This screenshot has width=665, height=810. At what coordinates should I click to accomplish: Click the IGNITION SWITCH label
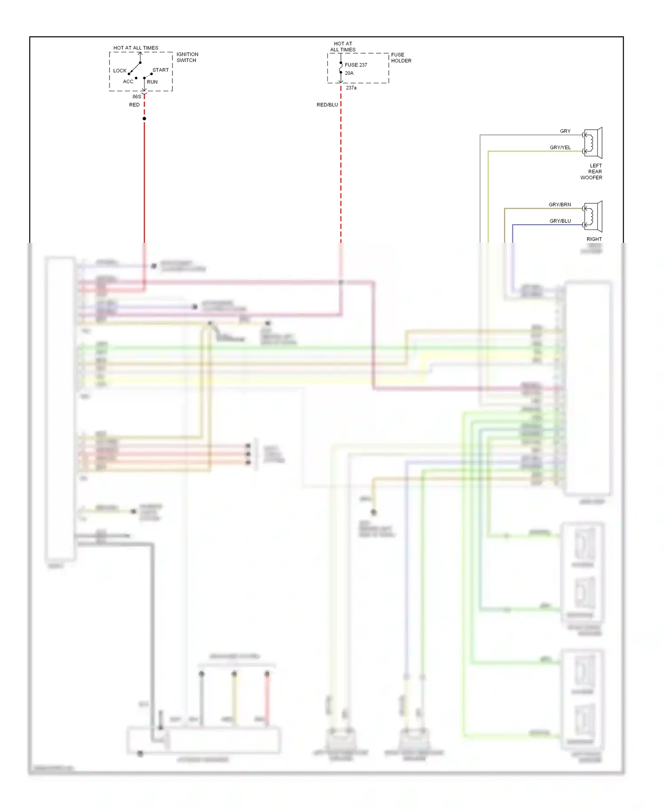tap(187, 57)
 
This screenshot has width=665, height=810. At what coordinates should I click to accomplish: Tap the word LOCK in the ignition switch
tap(120, 70)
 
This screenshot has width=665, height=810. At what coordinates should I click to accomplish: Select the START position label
tap(160, 70)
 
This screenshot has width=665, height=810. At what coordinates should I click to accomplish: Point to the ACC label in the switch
tap(128, 82)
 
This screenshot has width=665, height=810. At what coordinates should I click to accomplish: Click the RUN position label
tap(152, 82)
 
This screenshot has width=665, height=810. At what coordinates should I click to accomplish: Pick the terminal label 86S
tap(137, 97)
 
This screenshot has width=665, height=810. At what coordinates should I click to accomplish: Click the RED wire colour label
tap(134, 105)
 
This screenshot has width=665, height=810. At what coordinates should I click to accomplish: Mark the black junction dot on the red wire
tap(144, 119)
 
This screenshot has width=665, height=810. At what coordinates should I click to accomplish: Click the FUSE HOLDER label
tap(401, 58)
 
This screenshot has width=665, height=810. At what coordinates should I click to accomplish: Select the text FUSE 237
tap(356, 65)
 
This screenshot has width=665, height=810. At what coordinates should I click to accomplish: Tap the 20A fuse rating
tap(349, 73)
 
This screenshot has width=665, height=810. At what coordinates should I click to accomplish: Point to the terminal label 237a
tap(351, 88)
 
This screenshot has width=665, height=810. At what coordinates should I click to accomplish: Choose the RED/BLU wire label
tap(327, 105)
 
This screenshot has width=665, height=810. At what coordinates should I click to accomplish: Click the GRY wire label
tap(565, 131)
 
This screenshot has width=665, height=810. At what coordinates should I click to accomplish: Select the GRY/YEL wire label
tap(560, 148)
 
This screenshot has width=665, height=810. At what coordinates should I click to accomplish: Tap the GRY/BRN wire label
tap(560, 205)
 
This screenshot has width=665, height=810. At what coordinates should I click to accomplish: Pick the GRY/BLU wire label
tap(560, 221)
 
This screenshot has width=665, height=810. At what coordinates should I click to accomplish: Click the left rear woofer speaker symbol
tap(593, 143)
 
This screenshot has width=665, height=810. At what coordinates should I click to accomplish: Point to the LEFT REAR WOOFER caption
tap(592, 171)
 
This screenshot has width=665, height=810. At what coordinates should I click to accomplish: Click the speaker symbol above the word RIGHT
tap(593, 216)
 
